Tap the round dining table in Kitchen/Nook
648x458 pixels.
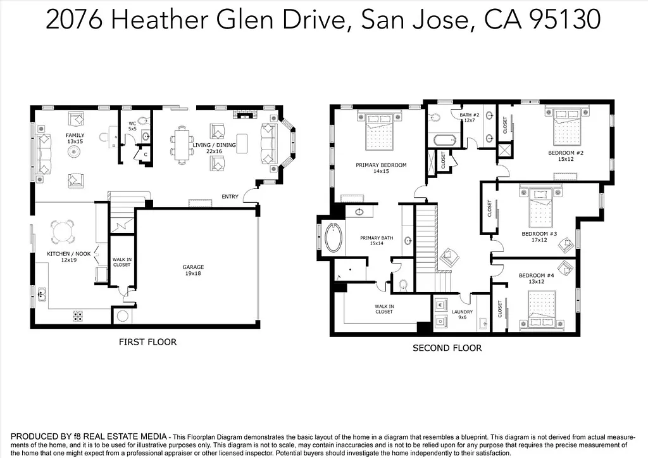click(63, 232)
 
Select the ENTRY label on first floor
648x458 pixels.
click(230, 197)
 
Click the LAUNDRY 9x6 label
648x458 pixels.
click(462, 315)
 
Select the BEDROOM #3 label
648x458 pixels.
click(539, 237)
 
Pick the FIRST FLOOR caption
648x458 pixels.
click(147, 342)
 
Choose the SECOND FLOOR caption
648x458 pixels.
click(447, 348)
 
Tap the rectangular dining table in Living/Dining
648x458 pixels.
click(182, 143)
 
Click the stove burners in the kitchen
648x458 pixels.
click(79, 315)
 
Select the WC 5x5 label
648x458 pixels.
click(133, 126)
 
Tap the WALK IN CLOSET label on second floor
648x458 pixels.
click(384, 309)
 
